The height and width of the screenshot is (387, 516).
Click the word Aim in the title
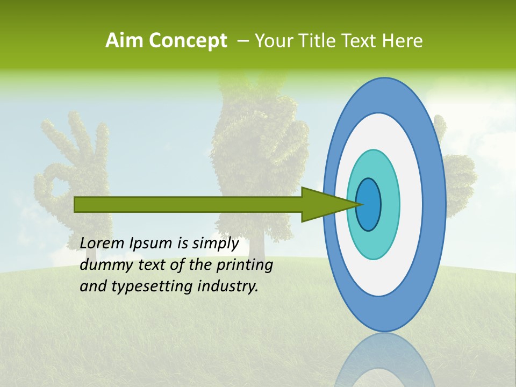click(125, 41)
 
